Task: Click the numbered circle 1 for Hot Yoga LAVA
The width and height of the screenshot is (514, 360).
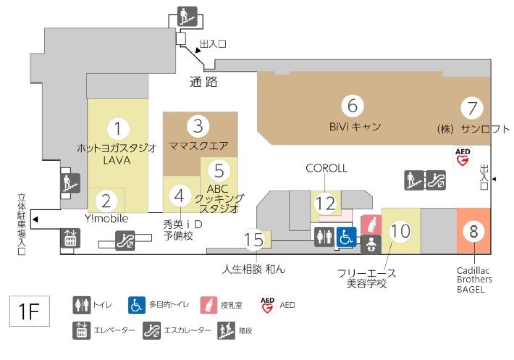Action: [118, 129]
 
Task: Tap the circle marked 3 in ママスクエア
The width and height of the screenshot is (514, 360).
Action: [198, 126]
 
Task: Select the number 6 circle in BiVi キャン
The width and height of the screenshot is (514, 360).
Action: [353, 105]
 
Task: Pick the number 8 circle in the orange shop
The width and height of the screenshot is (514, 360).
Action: [474, 231]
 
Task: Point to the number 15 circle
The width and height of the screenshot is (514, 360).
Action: [254, 239]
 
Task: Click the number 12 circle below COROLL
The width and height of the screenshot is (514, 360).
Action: [325, 203]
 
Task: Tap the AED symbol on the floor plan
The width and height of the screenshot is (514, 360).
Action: [463, 157]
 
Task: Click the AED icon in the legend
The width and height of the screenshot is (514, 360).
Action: [267, 305]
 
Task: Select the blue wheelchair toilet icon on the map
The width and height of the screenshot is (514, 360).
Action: [346, 237]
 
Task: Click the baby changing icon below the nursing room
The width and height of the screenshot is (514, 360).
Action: [371, 245]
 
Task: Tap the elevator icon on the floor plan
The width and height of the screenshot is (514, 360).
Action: [71, 238]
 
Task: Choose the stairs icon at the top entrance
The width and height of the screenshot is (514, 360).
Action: [187, 16]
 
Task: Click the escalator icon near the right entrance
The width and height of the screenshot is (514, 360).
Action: [436, 180]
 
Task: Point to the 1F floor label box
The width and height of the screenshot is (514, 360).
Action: [29, 311]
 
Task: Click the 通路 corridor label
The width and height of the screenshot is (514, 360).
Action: [204, 82]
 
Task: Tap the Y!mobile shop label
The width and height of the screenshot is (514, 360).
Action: [106, 218]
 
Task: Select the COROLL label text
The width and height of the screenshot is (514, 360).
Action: [326, 168]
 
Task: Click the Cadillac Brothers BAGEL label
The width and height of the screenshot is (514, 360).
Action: [474, 280]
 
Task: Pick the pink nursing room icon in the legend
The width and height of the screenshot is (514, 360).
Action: [208, 305]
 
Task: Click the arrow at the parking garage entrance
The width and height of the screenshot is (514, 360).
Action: [35, 219]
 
